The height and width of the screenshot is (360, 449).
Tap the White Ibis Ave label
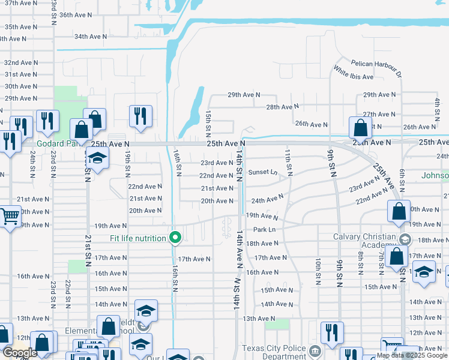354,77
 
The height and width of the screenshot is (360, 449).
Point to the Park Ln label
264,230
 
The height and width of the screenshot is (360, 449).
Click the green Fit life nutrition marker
175,238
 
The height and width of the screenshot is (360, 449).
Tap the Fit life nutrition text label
138,239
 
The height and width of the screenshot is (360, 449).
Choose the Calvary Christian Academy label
364,240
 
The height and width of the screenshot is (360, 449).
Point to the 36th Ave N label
75,15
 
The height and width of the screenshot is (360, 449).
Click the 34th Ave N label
90,37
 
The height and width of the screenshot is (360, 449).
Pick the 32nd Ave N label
18,62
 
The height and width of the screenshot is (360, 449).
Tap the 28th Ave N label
282,107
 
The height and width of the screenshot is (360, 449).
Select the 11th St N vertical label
289,162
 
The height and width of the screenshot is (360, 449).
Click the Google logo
20,353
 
